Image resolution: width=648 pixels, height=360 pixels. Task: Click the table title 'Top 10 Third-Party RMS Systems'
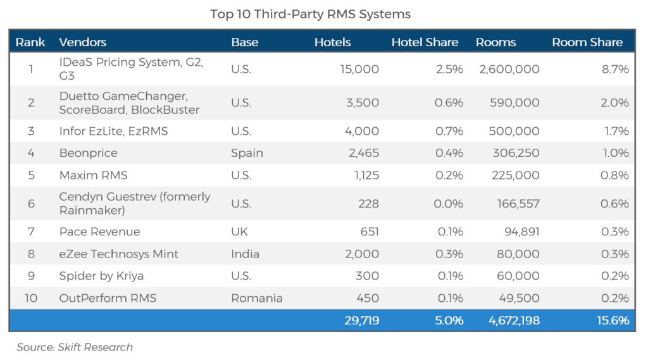tap(310, 14)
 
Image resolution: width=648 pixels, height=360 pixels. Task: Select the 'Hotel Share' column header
tap(425, 42)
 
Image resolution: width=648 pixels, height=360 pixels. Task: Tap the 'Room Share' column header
tap(587, 42)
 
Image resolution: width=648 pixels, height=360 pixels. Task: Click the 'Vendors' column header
tap(82, 42)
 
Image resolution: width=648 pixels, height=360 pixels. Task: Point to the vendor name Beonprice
tap(88, 153)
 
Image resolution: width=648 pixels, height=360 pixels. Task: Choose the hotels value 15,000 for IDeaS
tap(359, 69)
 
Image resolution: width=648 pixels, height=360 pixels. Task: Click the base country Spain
tap(247, 153)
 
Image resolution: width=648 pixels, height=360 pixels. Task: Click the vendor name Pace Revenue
tap(99, 232)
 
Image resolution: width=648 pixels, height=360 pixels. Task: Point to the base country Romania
tap(256, 298)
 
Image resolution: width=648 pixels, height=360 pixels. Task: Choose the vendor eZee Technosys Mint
tap(118, 254)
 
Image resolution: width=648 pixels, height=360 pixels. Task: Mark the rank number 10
tap(30, 298)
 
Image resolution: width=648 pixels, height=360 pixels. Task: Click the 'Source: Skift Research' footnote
tap(75, 347)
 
